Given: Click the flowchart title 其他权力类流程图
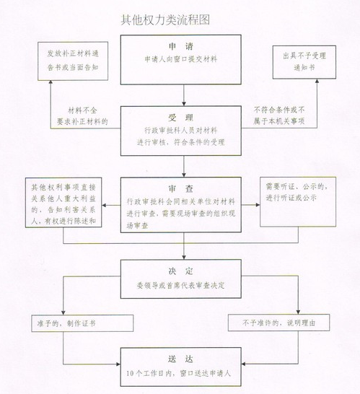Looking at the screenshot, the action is [165, 20].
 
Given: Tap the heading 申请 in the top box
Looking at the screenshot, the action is [181, 46].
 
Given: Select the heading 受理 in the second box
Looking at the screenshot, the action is [181, 118].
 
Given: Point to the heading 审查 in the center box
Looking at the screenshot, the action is [181, 189].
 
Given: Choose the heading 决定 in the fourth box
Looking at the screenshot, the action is [181, 271].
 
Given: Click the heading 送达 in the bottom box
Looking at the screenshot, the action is [181, 359].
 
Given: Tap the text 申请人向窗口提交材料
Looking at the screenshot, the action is [181, 59].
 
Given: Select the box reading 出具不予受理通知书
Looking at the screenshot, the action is [304, 62].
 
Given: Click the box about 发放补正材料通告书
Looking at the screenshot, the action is [73, 61].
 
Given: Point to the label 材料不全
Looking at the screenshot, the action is [83, 110].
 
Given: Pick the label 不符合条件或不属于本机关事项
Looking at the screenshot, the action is [279, 115].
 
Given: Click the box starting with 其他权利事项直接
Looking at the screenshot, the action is [63, 203].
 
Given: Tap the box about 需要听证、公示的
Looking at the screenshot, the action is [298, 202].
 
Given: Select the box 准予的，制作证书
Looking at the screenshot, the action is [82, 323].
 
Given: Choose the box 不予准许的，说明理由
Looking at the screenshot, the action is [279, 323].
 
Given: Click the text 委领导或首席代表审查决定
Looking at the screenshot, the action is [181, 286].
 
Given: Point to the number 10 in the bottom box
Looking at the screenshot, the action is [130, 374].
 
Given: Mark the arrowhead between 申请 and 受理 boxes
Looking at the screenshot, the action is [184, 103].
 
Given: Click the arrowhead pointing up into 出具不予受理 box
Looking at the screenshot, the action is [317, 81].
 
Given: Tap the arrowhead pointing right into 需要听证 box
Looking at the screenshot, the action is [258, 205].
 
